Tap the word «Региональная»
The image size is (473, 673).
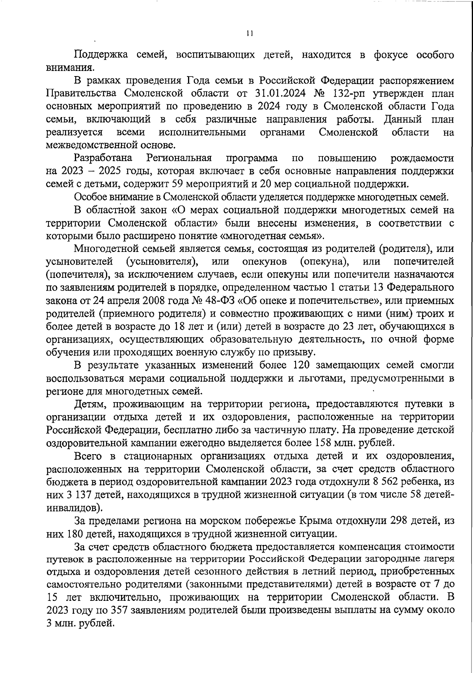(x=179, y=158)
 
